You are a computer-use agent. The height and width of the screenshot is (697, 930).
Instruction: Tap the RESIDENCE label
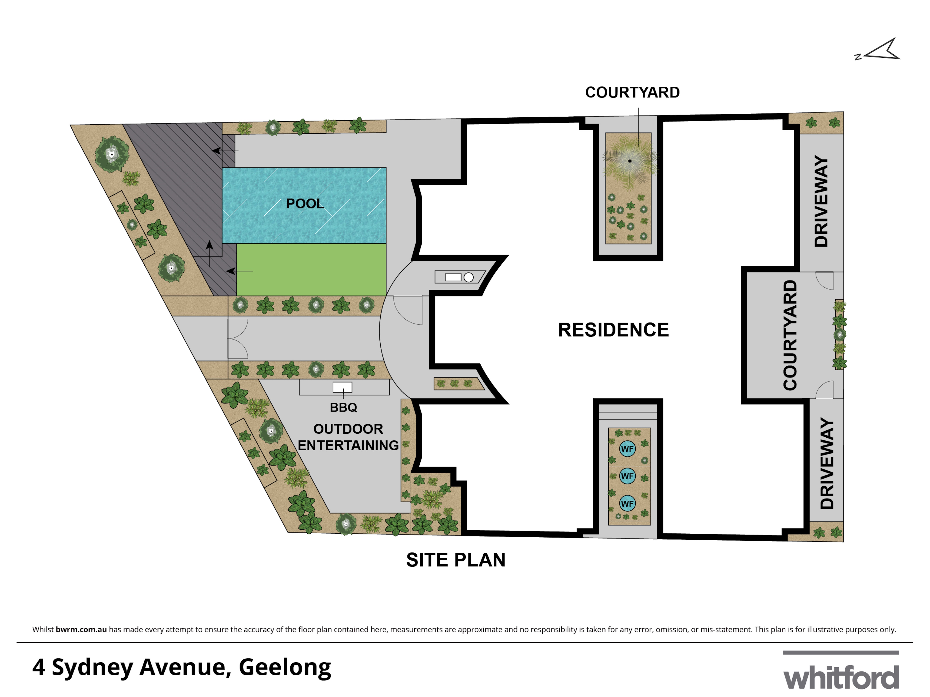(613, 330)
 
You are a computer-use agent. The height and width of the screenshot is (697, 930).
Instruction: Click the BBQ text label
(343, 407)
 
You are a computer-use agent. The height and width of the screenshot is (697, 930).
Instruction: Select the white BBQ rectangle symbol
(342, 387)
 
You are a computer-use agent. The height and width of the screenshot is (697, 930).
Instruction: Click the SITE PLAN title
(456, 560)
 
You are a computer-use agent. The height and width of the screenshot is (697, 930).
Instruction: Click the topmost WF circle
(627, 449)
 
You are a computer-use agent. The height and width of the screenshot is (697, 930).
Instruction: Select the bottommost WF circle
(627, 503)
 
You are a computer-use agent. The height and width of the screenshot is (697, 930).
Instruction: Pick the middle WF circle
(627, 476)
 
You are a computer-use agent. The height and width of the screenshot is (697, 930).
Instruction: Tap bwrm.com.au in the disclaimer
(81, 629)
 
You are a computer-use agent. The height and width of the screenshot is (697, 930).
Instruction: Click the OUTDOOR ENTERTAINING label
(348, 437)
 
